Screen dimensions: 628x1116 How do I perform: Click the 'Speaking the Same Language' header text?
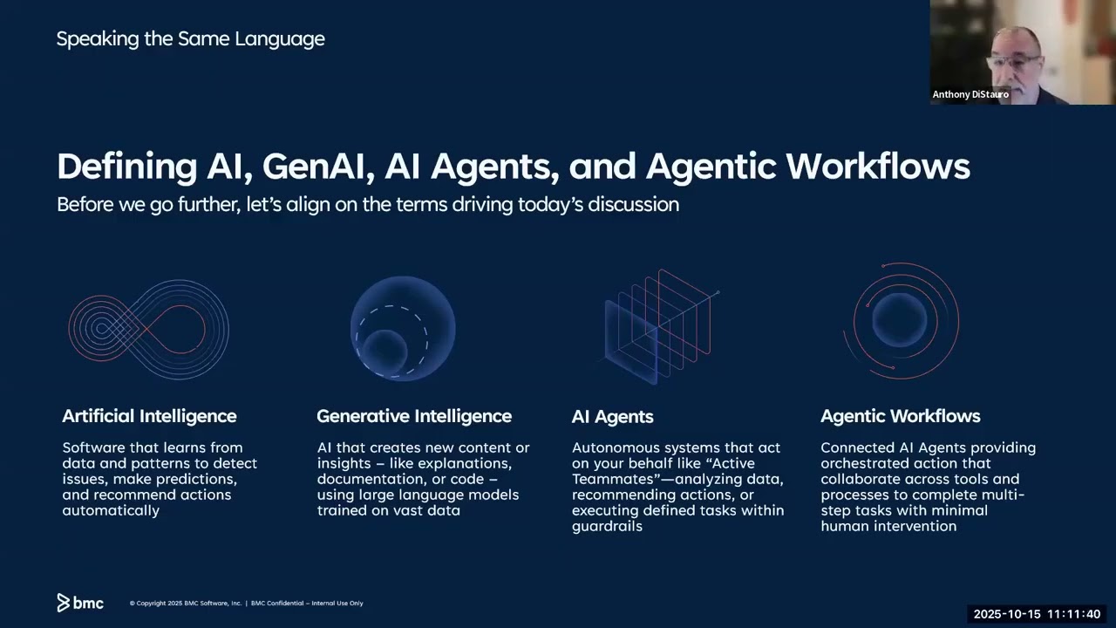(190, 38)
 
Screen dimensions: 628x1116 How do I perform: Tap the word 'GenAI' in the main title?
(318, 166)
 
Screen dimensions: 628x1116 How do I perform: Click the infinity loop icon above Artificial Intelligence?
(149, 329)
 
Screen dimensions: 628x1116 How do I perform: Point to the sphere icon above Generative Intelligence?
(403, 329)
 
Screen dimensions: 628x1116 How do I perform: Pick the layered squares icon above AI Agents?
(660, 327)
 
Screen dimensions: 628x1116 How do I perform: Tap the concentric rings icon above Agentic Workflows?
(902, 321)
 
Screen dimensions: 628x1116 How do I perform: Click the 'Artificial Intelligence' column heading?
(149, 416)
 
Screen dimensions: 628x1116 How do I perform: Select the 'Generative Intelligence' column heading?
(414, 416)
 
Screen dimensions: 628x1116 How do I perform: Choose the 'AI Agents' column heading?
(612, 417)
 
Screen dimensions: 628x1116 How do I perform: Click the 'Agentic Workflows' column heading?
(900, 416)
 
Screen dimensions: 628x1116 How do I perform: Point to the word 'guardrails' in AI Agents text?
(607, 526)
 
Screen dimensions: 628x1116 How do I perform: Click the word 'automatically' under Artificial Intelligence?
(111, 510)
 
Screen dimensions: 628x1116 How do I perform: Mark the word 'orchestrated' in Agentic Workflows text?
(863, 463)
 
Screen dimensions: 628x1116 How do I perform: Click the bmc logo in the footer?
(80, 603)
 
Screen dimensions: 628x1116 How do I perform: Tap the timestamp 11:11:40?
(1073, 614)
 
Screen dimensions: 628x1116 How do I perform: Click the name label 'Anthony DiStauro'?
(970, 94)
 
